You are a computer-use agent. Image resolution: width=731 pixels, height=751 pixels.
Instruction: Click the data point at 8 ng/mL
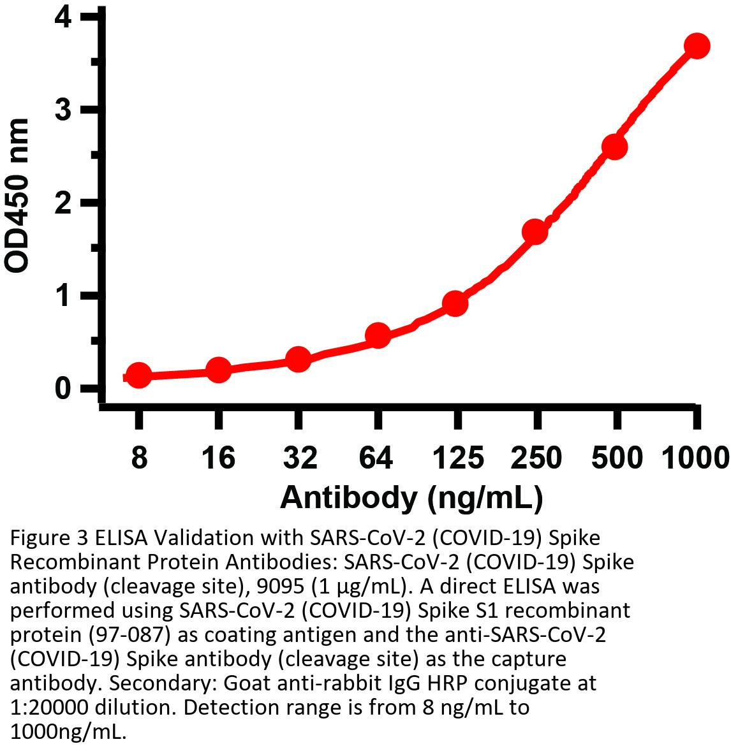coord(139,376)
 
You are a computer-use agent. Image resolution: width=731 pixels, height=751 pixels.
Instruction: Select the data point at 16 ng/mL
coord(219,370)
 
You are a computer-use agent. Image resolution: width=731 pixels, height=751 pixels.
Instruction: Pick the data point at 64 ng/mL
coord(378,335)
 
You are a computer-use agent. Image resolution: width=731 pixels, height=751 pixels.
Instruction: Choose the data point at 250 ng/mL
coord(535,231)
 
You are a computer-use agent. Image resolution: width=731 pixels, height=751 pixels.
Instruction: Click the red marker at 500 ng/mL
coord(615,147)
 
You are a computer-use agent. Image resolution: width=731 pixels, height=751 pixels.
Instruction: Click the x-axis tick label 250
coord(536,458)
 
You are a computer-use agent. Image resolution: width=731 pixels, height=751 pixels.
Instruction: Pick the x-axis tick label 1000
coord(694,458)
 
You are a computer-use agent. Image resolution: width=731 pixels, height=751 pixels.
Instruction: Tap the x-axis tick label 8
coord(139,458)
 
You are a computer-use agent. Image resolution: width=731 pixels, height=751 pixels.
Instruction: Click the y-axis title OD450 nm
coord(18,195)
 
